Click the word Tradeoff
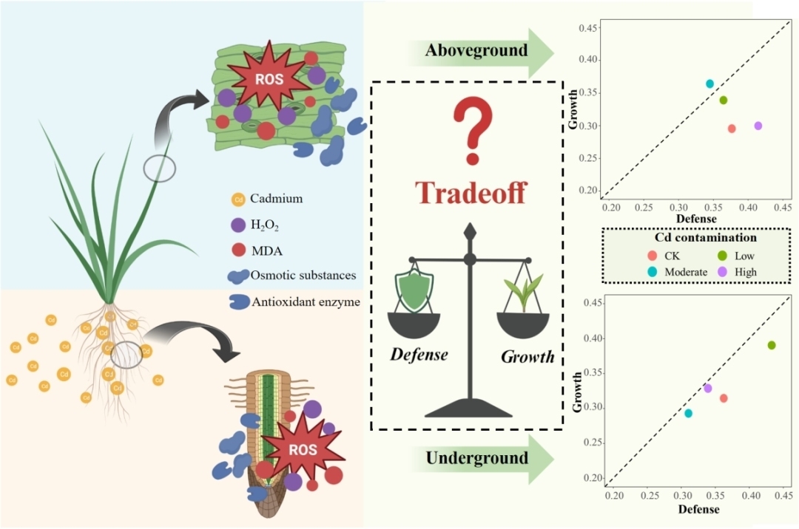(x=470, y=192)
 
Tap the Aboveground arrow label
(x=476, y=50)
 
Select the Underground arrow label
(x=476, y=458)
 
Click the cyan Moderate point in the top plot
(x=709, y=84)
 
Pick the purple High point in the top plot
(x=758, y=126)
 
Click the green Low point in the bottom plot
(x=772, y=345)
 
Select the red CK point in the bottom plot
(x=724, y=398)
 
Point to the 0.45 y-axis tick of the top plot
(x=589, y=28)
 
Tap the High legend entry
(x=744, y=271)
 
